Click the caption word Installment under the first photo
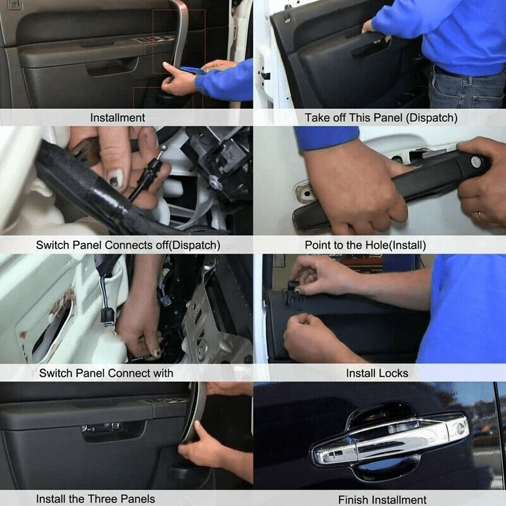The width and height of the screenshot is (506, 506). [x=118, y=118]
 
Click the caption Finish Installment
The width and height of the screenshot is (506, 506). [x=382, y=500]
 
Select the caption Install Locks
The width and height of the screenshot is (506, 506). [x=377, y=373]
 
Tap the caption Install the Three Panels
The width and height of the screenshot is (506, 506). [x=96, y=499]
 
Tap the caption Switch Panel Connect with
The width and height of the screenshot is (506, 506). [x=106, y=373]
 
